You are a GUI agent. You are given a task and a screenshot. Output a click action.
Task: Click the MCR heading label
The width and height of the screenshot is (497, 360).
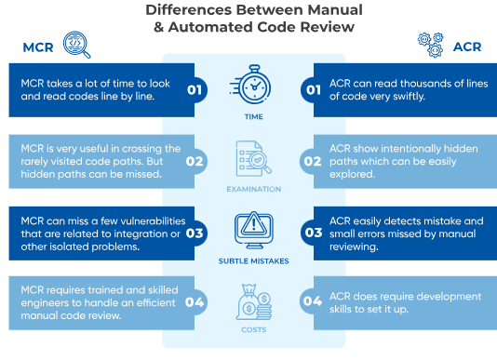point(38,47)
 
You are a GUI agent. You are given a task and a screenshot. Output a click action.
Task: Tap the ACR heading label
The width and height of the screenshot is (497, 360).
point(467,47)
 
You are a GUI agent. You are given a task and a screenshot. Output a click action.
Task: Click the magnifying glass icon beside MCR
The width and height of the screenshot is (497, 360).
point(76,45)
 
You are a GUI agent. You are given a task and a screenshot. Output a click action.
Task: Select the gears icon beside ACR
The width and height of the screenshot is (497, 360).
point(431,45)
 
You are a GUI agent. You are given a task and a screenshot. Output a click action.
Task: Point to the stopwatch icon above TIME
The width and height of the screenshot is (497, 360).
point(250,84)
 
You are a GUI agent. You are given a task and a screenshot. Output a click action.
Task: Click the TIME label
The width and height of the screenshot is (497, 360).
point(254,117)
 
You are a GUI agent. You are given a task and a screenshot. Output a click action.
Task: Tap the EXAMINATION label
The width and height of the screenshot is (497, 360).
point(254,189)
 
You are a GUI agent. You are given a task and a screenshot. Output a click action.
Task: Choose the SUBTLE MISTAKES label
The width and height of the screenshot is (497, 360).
point(253,261)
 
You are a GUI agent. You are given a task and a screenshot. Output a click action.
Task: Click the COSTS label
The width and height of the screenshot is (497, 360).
point(254,330)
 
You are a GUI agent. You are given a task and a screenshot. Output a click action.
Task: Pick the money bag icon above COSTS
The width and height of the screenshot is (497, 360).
point(254,301)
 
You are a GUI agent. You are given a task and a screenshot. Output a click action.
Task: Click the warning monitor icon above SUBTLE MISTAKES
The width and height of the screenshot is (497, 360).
point(253,231)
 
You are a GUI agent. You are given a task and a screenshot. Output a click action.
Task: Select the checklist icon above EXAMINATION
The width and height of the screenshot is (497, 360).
point(253,158)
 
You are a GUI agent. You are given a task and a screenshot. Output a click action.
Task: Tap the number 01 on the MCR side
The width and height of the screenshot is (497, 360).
point(195,90)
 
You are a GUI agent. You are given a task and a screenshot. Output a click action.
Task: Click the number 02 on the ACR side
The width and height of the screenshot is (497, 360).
point(313,161)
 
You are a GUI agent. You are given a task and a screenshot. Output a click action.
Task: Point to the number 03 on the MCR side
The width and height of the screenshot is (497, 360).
point(195,233)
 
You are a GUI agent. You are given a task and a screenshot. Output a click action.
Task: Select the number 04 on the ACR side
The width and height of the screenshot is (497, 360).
point(313,300)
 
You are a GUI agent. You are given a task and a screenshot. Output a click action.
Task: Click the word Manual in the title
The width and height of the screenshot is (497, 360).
point(335,10)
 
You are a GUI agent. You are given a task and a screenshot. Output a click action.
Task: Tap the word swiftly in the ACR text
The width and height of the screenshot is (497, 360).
point(409,97)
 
